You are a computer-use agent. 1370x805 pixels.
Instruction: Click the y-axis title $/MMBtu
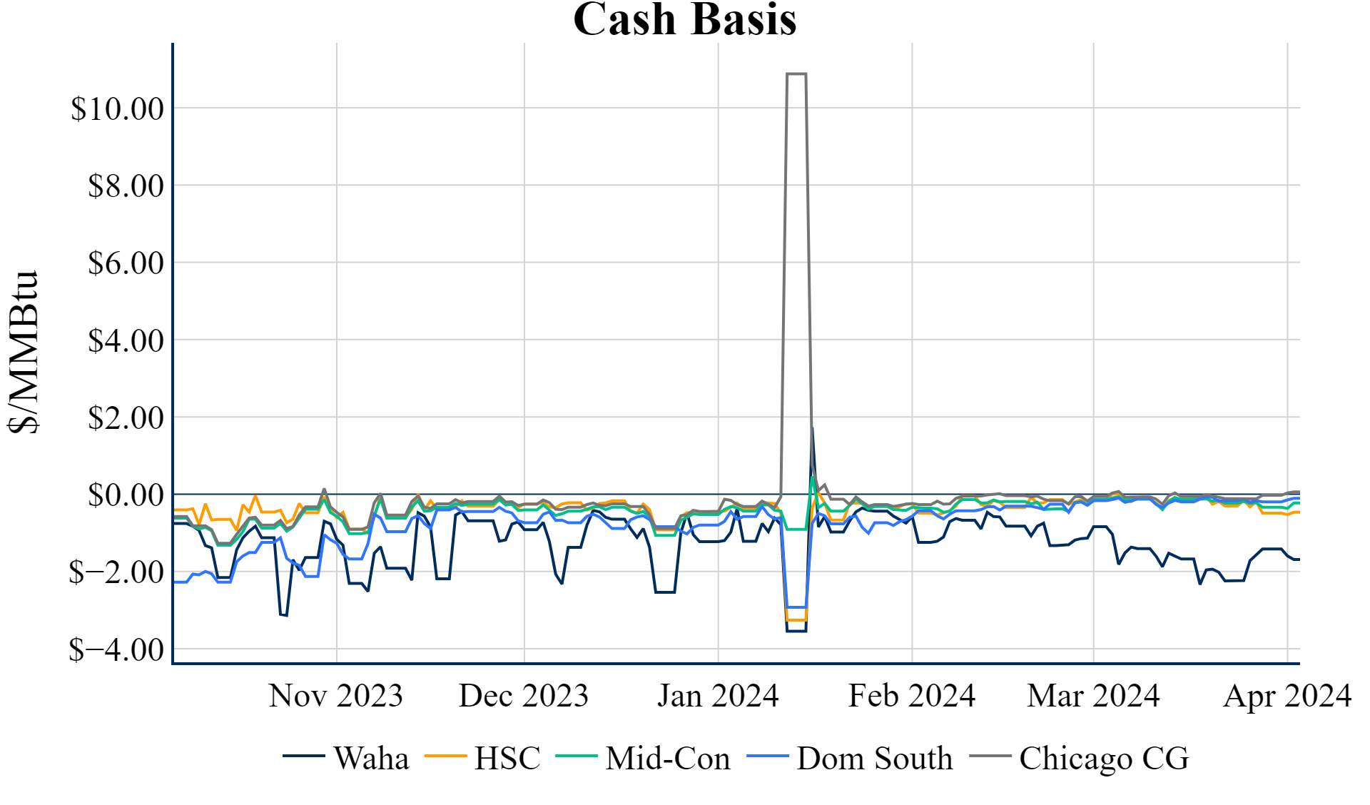[23, 352]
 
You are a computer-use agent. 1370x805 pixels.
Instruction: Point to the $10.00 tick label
[117, 109]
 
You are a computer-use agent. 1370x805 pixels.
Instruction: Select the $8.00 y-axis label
[126, 186]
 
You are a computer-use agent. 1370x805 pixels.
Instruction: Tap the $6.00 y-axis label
[126, 263]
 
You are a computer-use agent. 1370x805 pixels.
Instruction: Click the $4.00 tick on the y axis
[126, 341]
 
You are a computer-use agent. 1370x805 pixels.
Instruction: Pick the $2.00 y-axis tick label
[126, 418]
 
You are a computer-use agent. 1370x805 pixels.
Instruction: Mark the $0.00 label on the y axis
[126, 495]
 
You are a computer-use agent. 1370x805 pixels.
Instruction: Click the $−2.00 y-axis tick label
[116, 572]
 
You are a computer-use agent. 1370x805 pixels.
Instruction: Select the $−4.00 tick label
[116, 650]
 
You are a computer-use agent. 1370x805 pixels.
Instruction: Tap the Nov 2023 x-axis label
[336, 696]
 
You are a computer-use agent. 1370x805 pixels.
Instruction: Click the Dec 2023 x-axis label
[524, 696]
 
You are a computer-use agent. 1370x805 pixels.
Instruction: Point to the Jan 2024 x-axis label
[718, 696]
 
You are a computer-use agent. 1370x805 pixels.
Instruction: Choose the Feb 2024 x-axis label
[912, 696]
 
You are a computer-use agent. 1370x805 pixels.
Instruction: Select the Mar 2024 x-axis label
[1093, 696]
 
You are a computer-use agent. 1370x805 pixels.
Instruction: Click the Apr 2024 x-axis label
[1287, 696]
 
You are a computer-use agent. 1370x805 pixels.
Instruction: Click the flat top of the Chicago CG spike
[796, 74]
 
